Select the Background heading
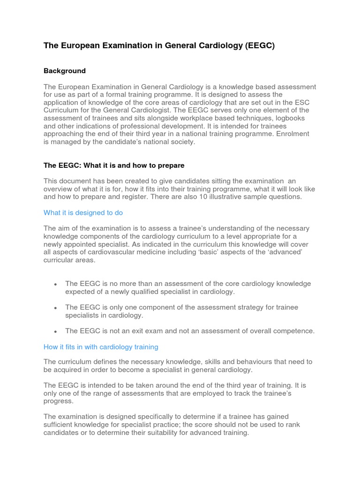click(x=65, y=71)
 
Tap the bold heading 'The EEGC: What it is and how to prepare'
click(x=114, y=165)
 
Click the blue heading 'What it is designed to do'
click(x=83, y=213)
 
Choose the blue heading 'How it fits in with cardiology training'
click(x=101, y=347)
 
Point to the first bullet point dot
click(x=56, y=285)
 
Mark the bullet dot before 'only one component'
click(x=56, y=308)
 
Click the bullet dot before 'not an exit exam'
click(x=56, y=331)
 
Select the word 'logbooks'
click(x=294, y=118)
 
